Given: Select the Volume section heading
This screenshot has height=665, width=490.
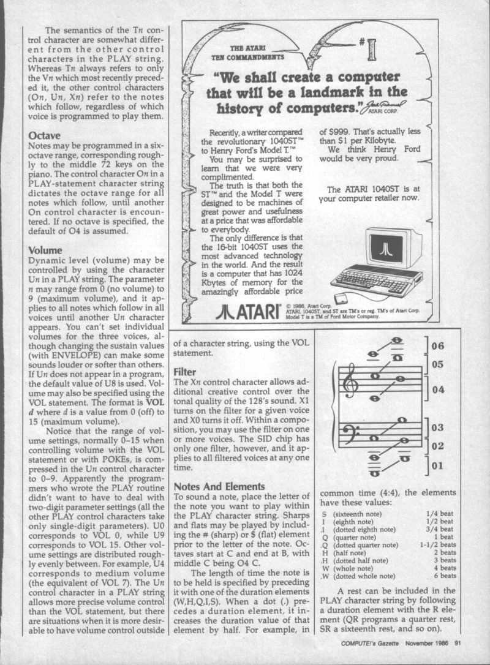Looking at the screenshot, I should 45,250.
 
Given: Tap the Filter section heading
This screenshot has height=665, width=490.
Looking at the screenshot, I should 184,372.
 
